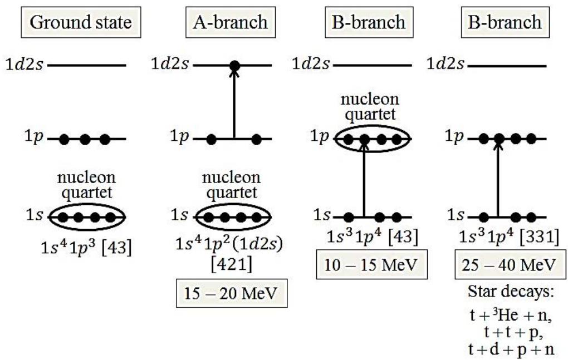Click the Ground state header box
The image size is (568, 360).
click(81, 22)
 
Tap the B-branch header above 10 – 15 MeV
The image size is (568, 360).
click(365, 22)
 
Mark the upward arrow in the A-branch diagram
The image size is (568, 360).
click(234, 103)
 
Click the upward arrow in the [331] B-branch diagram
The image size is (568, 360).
click(498, 178)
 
